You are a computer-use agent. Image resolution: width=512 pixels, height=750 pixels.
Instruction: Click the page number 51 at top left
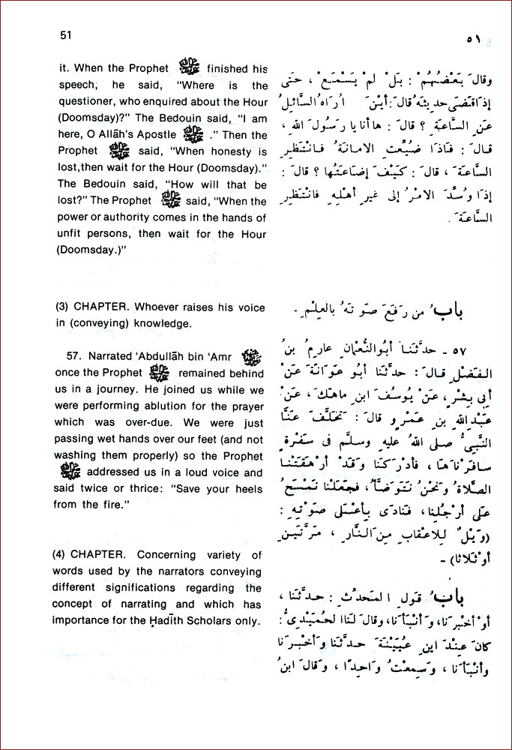click(64, 34)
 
